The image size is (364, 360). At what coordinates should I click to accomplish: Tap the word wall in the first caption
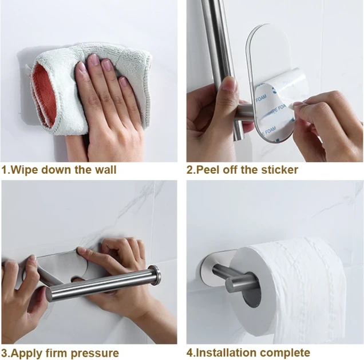click(106, 170)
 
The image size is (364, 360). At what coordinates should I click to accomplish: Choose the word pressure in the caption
click(94, 354)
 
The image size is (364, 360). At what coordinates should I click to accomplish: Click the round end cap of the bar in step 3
click(157, 274)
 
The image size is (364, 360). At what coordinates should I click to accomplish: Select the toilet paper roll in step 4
click(288, 290)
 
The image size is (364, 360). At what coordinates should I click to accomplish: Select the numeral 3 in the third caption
click(5, 353)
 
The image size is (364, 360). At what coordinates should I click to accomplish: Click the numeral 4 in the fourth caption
click(190, 353)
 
